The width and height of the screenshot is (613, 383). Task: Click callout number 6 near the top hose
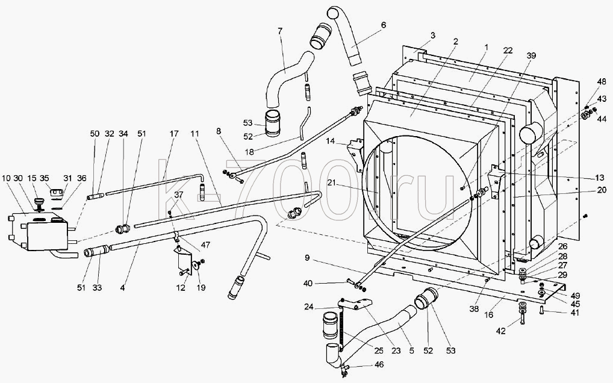[x=383, y=25]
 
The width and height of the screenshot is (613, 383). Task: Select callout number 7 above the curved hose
[x=280, y=31]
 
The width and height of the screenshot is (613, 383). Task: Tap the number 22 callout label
[x=508, y=51]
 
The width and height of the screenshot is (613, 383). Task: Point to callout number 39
[x=531, y=56]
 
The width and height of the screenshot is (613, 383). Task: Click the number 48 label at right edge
[x=602, y=82]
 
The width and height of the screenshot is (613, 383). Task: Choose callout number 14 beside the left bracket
[x=331, y=141]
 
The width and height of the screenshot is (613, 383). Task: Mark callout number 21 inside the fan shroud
[x=332, y=183]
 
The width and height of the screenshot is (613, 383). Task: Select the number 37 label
[x=179, y=195]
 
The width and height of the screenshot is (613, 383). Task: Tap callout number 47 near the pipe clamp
[x=205, y=246]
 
